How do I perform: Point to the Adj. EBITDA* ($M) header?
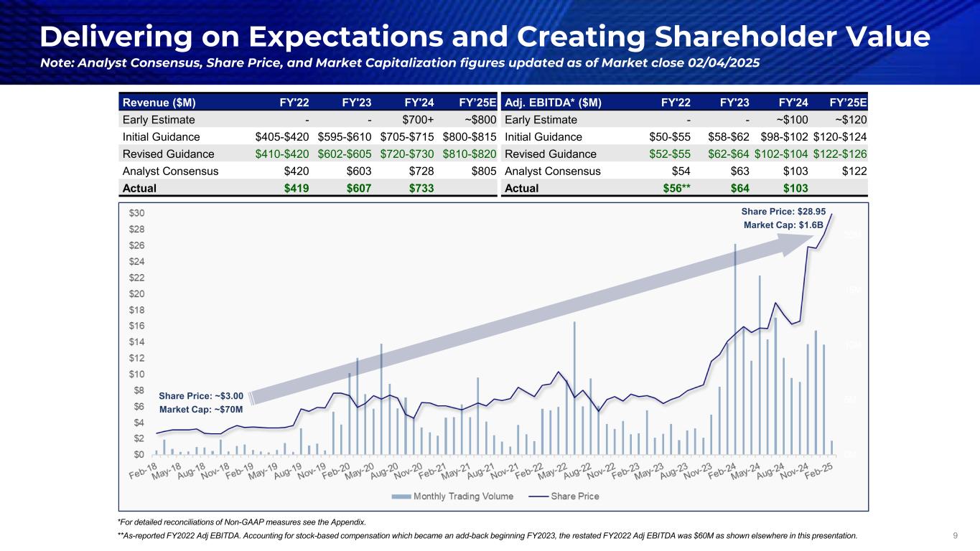tap(554, 102)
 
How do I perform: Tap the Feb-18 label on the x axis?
tap(144, 473)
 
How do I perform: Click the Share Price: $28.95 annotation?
tap(783, 212)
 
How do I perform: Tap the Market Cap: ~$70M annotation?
tap(201, 410)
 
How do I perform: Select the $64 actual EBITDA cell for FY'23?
tap(739, 188)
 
